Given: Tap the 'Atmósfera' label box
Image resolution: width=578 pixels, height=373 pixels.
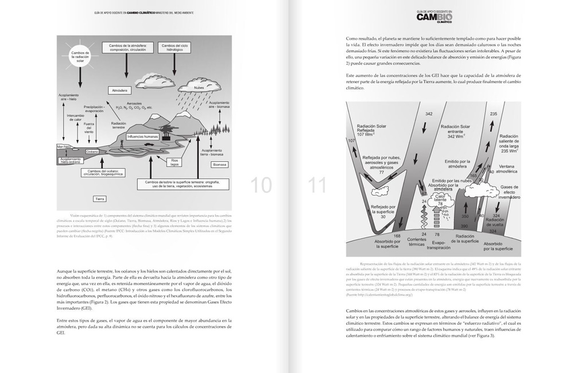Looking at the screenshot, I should click(119, 90).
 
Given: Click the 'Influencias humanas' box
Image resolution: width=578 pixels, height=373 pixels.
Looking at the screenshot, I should click(143, 137).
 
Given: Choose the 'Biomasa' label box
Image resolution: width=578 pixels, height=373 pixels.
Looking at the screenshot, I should click(220, 164).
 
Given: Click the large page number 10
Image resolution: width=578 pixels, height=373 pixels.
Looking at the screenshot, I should click(262, 184).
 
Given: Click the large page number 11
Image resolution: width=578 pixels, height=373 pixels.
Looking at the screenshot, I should click(317, 184).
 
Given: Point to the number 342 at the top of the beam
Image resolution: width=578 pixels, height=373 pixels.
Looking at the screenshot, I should click(429, 114).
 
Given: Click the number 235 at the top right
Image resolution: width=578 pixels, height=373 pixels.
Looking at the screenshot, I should click(493, 114).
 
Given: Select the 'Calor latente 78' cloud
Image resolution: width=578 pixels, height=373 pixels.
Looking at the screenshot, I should click(441, 203).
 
